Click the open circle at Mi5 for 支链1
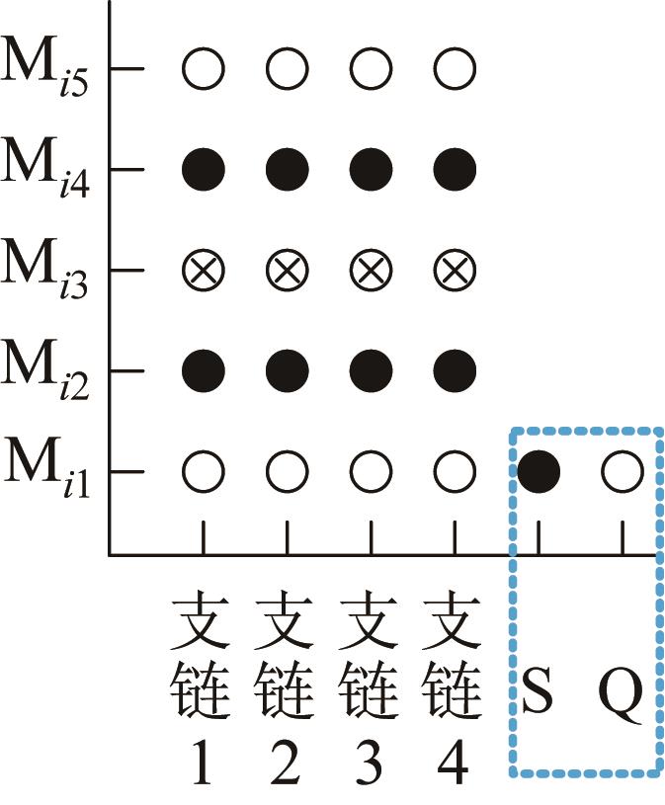coord(204,69)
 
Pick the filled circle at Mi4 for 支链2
coord(288,170)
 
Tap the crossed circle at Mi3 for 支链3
coord(372,270)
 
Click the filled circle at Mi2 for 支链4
coord(455,371)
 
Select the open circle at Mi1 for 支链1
coord(204,472)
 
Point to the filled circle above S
coord(540,472)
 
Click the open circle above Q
coord(623,472)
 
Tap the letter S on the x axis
coord(539,695)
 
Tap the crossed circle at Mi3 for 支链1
coord(204,270)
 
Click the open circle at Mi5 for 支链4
coord(455,69)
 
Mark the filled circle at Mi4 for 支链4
coord(455,170)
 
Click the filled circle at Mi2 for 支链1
coord(204,371)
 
